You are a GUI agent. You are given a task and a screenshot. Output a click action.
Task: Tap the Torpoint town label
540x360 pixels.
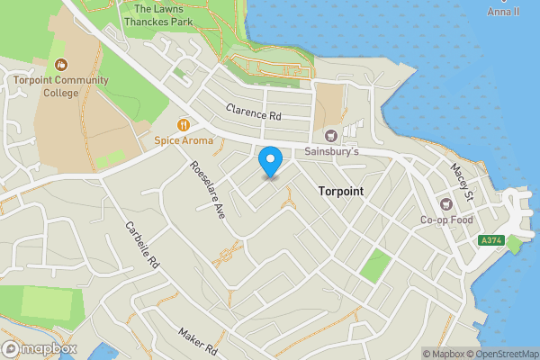coord(341,192)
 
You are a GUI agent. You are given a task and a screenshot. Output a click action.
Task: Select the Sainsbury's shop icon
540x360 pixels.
coord(331,135)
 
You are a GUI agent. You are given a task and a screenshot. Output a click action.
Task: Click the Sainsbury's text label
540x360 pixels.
coord(331,153)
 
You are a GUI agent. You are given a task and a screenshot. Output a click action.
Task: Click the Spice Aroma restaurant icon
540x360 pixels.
coord(184,125)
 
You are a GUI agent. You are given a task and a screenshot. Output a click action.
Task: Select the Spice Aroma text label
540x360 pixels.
coord(184,140)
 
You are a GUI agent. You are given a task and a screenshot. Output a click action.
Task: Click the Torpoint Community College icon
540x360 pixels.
coord(60,65)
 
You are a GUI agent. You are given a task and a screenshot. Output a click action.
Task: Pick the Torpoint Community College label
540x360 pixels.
coord(60,85)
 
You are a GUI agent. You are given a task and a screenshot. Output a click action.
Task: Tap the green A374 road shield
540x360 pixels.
coord(490,240)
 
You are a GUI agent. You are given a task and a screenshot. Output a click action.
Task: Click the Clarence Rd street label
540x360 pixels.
coord(253,114)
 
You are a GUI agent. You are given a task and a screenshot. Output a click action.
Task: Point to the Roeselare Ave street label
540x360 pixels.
coord(207,191)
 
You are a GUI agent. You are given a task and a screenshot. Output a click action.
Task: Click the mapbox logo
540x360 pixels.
coord(40,348)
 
